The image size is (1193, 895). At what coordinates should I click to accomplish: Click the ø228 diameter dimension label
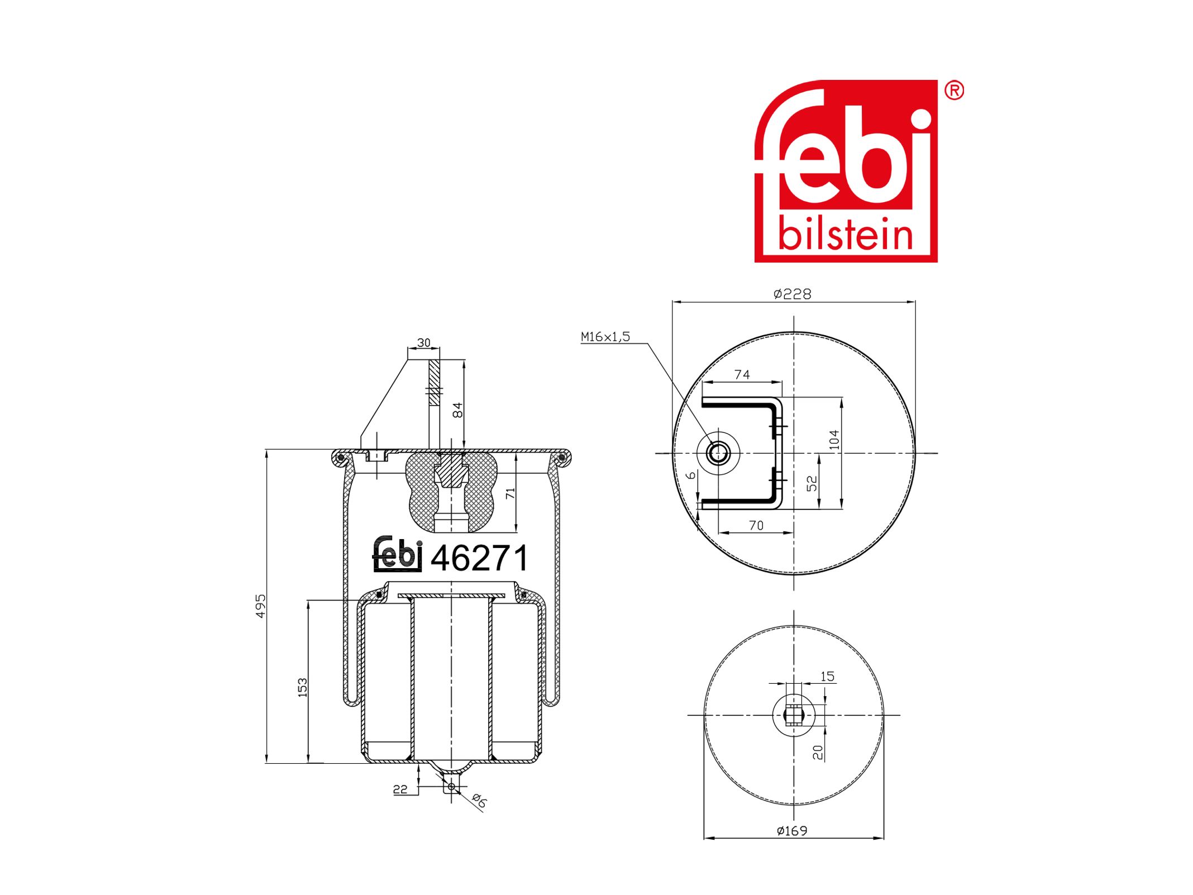click(x=792, y=294)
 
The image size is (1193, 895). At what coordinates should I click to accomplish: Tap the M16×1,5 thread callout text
click(x=605, y=336)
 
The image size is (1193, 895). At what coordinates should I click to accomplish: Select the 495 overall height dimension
click(x=261, y=606)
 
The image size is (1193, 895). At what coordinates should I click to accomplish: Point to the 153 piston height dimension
click(x=302, y=687)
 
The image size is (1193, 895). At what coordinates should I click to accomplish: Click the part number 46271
click(x=479, y=558)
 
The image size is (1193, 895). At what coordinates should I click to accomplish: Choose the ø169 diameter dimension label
click(x=792, y=831)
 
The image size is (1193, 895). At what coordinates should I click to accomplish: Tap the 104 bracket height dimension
click(x=834, y=440)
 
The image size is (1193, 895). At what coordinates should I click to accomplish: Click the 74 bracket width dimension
click(x=742, y=374)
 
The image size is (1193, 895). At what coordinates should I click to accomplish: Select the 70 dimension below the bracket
click(x=756, y=525)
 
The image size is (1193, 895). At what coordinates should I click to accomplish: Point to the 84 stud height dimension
click(x=457, y=410)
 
